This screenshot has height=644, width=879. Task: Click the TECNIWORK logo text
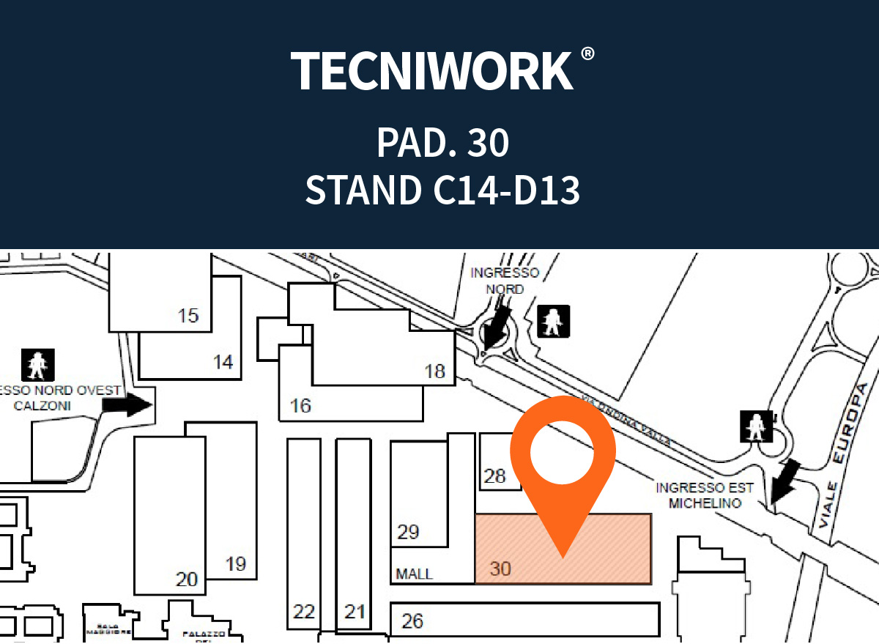(x=432, y=71)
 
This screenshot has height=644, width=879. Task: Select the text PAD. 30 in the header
(x=442, y=142)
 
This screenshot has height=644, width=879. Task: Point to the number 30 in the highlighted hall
(x=500, y=568)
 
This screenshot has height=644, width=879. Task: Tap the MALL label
(x=414, y=574)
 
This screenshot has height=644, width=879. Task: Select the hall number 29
(x=408, y=532)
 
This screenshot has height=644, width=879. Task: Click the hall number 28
(x=495, y=476)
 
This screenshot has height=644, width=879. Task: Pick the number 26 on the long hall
(x=412, y=621)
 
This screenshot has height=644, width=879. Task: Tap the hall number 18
(x=435, y=371)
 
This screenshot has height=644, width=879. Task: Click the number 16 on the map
(x=300, y=404)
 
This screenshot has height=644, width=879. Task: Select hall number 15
(x=188, y=316)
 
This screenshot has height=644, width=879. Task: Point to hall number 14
(x=223, y=362)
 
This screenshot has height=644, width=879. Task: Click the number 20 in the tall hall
(x=187, y=580)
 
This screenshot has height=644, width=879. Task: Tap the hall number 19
(x=235, y=564)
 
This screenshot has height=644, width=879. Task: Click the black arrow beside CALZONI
(x=133, y=404)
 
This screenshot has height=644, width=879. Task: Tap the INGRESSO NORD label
(x=505, y=281)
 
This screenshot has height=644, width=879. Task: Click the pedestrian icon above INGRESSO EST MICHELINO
(x=755, y=427)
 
